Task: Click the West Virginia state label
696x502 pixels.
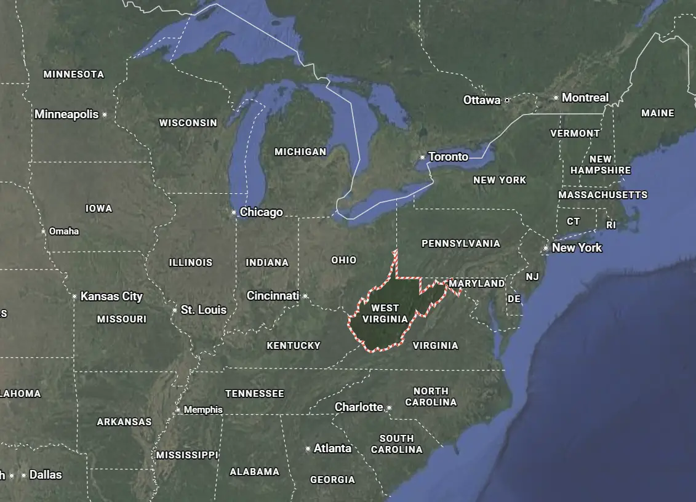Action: pyautogui.click(x=385, y=313)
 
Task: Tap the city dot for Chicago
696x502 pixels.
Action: pyautogui.click(x=234, y=212)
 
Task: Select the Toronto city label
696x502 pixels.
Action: pyautogui.click(x=448, y=157)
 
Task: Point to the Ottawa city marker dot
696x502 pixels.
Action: pyautogui.click(x=507, y=100)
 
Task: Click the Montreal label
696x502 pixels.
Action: pyautogui.click(x=585, y=97)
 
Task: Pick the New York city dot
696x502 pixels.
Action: pyautogui.click(x=546, y=249)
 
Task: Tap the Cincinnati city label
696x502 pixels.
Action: pyautogui.click(x=273, y=296)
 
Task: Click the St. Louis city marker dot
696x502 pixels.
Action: pyautogui.click(x=175, y=310)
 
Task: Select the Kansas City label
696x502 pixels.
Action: pyautogui.click(x=111, y=297)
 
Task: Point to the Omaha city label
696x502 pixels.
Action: pyautogui.click(x=64, y=231)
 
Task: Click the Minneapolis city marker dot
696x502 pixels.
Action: pyautogui.click(x=105, y=114)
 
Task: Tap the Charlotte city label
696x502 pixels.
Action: pyautogui.click(x=359, y=407)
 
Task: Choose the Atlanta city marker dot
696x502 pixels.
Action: pyautogui.click(x=308, y=449)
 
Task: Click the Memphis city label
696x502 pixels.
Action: pyautogui.click(x=203, y=410)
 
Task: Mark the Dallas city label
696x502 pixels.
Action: pyautogui.click(x=46, y=475)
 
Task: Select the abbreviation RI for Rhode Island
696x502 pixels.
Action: pyautogui.click(x=611, y=225)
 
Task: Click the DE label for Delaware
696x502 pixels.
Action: pyautogui.click(x=514, y=299)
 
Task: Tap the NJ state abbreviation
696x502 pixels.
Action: pyautogui.click(x=532, y=277)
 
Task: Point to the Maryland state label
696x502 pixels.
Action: pyautogui.click(x=477, y=284)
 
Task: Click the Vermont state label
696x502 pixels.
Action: pyautogui.click(x=575, y=133)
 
